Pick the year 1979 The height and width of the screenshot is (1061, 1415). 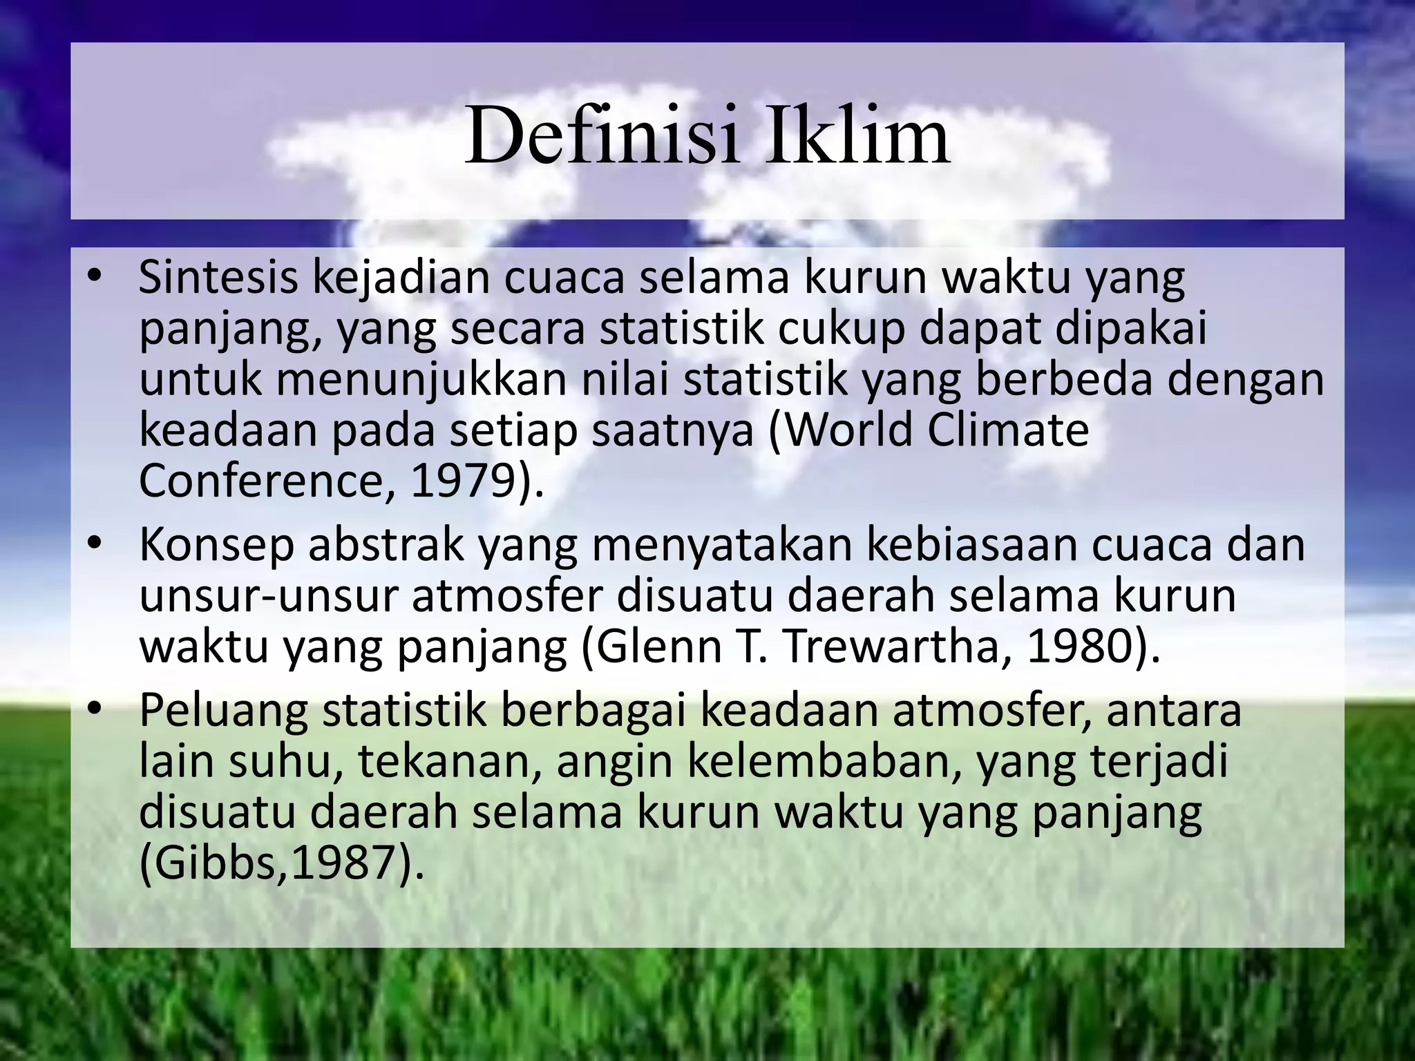(x=462, y=481)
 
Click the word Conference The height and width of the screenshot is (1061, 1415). (x=260, y=481)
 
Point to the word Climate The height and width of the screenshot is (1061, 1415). (x=1008, y=430)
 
